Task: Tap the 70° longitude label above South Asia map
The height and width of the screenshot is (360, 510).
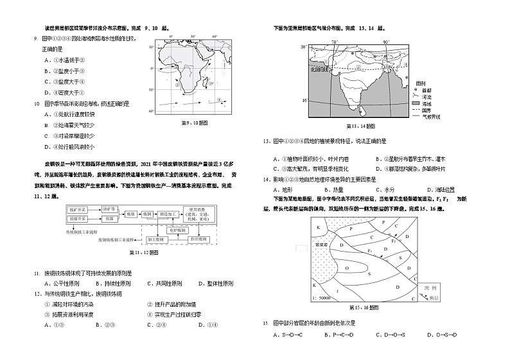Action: tap(335, 42)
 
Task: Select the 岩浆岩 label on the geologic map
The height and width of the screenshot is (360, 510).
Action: tap(318, 244)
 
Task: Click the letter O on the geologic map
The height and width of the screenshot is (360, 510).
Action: tap(347, 268)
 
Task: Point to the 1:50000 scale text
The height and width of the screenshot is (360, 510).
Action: tap(319, 298)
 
